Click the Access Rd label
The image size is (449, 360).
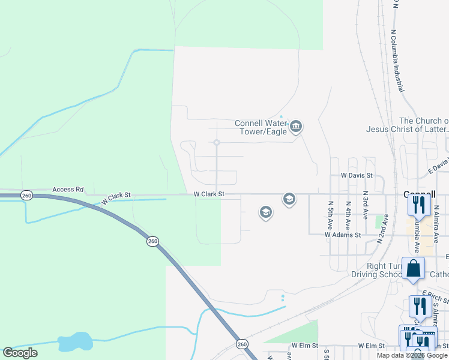point(67,190)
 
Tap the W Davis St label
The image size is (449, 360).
point(357,176)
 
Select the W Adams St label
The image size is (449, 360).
point(343,235)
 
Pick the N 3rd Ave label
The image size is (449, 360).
point(365,204)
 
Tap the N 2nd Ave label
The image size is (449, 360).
point(381,228)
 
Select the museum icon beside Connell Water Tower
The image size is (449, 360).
point(295,127)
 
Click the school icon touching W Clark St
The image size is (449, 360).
point(289,199)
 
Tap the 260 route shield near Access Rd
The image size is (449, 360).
point(26,196)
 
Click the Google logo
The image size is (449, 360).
point(20,353)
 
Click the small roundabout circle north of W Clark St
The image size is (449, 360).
point(217,142)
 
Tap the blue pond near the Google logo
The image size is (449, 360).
point(75,341)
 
